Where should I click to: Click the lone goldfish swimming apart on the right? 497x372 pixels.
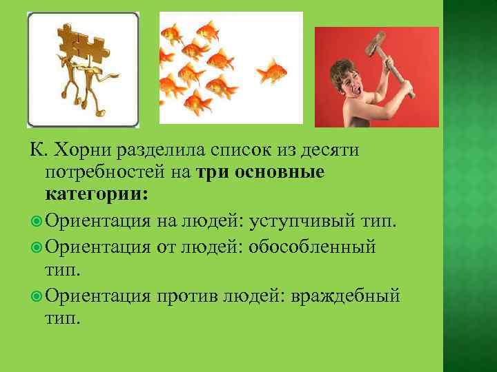270,71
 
